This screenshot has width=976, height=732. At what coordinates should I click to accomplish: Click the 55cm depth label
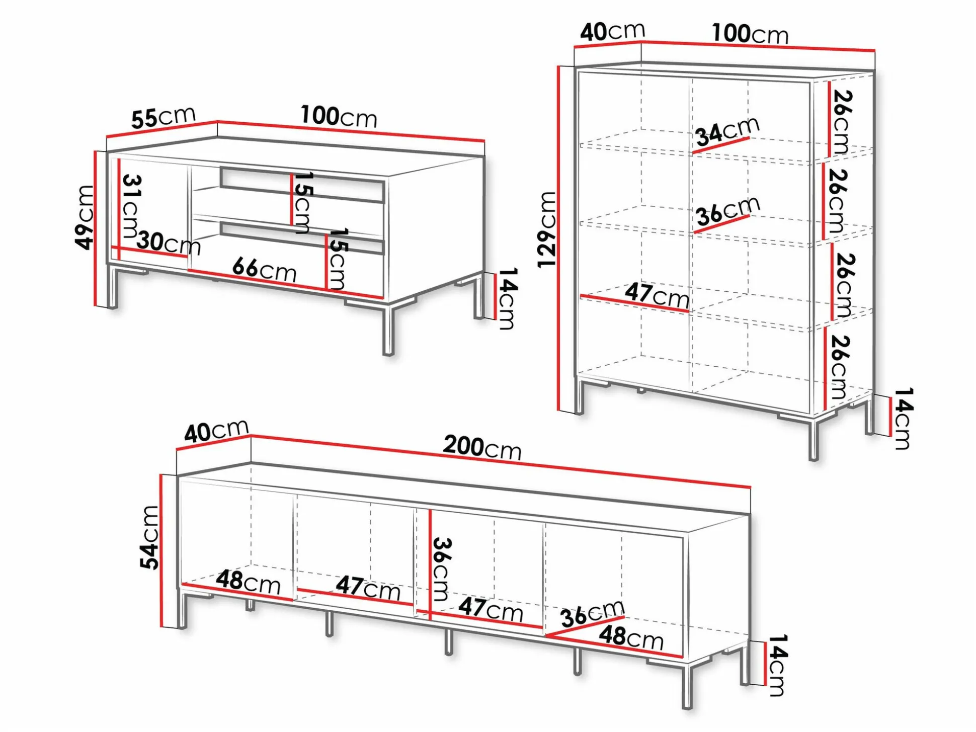164,117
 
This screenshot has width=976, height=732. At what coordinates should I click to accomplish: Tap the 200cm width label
482,447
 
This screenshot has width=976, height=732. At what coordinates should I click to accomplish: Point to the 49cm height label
84,217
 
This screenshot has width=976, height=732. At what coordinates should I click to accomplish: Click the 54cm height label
149,537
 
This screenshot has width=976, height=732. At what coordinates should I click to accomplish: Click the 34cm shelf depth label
727,130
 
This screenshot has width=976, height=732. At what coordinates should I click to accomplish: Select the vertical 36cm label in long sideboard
441,569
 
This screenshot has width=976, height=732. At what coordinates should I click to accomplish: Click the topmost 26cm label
841,122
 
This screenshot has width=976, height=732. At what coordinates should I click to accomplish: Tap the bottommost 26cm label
838,367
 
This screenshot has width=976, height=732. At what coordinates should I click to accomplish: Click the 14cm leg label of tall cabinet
902,418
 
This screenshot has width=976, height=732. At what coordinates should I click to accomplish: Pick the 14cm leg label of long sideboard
776,665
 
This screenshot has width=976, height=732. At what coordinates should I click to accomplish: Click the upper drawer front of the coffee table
302,185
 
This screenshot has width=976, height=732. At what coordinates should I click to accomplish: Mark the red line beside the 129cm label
559,239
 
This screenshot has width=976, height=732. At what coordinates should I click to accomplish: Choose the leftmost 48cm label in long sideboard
248,582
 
